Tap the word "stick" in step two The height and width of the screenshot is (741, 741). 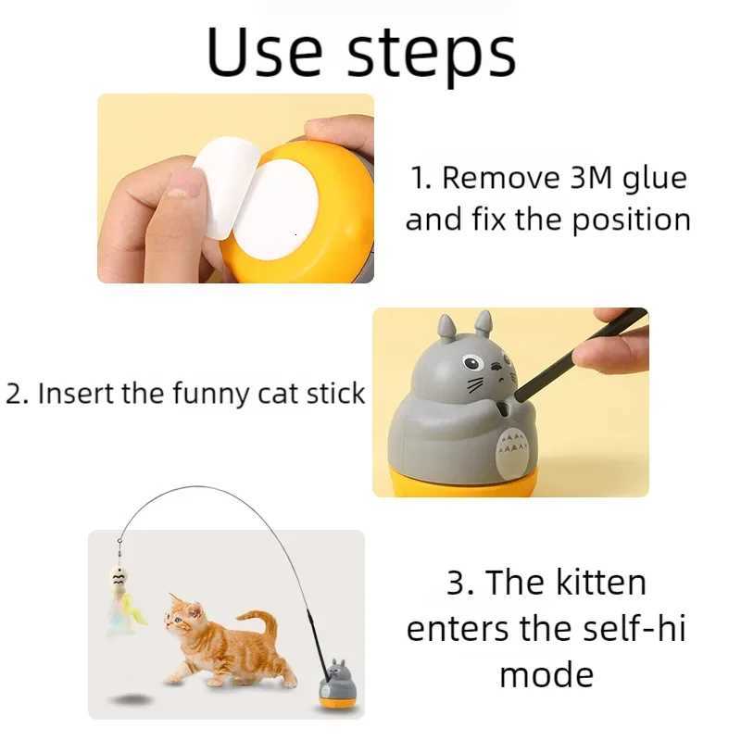(x=334, y=393)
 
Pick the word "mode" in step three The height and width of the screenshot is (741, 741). (x=546, y=673)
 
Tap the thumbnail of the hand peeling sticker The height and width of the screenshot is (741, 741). (x=235, y=188)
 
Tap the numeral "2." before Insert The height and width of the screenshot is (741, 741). (x=18, y=393)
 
